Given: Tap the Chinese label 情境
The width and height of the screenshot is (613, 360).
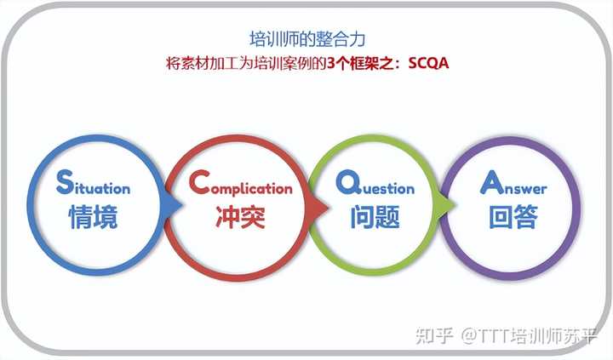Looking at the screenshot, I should pos(93,218).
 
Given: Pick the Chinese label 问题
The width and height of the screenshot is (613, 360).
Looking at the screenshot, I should pos(375,218).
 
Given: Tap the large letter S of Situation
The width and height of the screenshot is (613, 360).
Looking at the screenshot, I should pos(64,180).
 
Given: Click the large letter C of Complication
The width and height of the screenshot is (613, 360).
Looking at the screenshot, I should pos(198,180).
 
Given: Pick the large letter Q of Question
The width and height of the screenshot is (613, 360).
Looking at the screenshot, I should pos(345,180).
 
